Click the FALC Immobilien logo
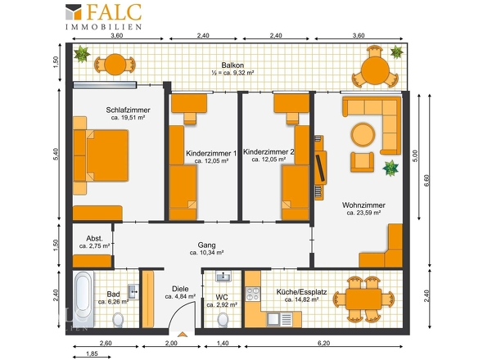tap(103, 16)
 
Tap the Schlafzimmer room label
tap(128, 110)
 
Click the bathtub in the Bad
tap(84, 299)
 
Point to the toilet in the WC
tap(223, 320)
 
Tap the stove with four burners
tap(253, 294)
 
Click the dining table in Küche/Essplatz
tap(363, 299)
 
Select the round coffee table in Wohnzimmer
tap(363, 134)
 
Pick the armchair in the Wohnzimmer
tap(362, 162)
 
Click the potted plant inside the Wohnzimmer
tap(390, 169)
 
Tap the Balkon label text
tap(232, 65)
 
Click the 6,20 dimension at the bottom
tap(323, 343)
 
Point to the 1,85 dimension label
tap(92, 353)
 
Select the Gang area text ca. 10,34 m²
tap(206, 253)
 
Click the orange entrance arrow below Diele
tap(182, 335)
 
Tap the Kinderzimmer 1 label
tap(211, 153)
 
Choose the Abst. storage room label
tap(95, 239)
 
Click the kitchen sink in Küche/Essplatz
tap(280, 319)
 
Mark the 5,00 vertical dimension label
tap(415, 156)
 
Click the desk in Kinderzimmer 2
tap(291, 103)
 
